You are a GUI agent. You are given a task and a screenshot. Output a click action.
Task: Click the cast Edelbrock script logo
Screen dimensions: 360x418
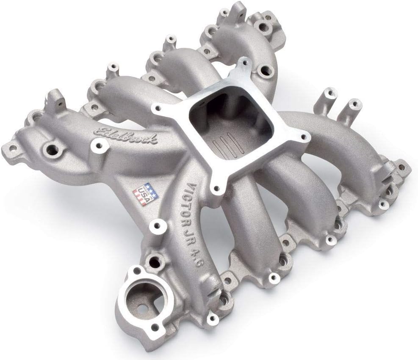126,134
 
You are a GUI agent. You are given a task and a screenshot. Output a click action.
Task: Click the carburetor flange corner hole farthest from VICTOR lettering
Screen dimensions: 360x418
245,63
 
